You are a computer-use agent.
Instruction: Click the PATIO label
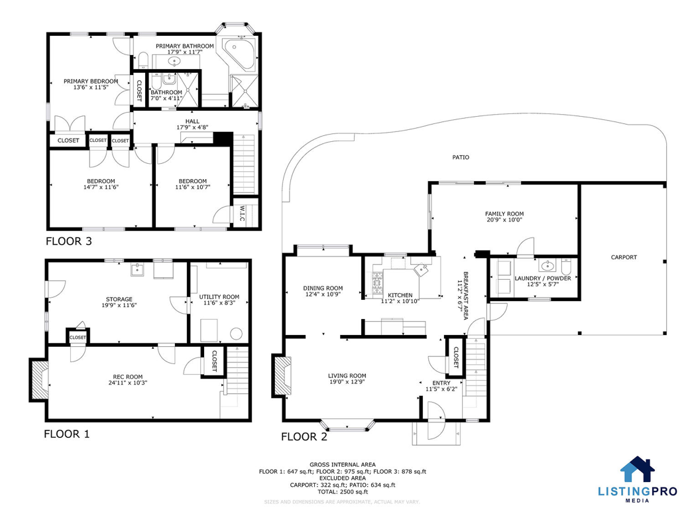461,157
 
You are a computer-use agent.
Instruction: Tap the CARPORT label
624,257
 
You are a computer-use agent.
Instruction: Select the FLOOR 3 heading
69,241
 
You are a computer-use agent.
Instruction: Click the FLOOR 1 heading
66,434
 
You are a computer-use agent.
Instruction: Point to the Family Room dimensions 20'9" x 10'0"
504,220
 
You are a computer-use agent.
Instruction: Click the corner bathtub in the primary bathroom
239,54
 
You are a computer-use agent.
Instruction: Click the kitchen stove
377,283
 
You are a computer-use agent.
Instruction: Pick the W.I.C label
242,213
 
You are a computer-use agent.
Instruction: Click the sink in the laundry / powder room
547,265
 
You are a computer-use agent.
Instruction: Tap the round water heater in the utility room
236,334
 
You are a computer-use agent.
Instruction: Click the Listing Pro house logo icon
638,469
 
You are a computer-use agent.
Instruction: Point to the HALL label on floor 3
192,121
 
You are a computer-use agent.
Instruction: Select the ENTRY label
441,383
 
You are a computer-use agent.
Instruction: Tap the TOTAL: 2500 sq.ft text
343,491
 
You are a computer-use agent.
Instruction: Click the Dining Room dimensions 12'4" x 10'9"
323,294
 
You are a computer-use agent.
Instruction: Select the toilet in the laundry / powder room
566,266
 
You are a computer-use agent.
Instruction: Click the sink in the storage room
137,269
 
